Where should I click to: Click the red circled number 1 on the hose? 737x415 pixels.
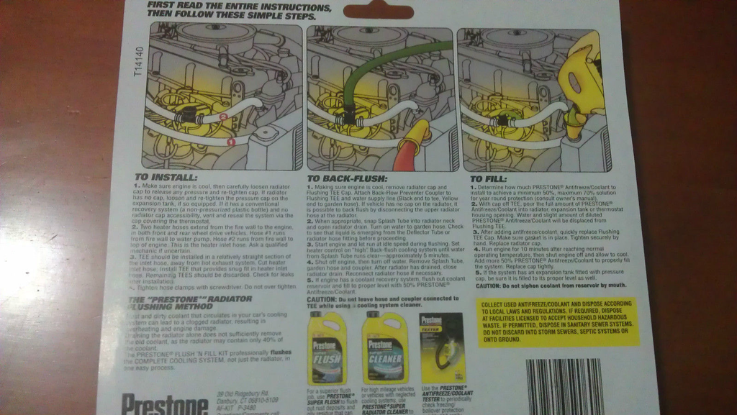230,142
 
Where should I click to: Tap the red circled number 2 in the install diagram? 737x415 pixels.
223,116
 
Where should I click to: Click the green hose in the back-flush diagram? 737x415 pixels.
381,65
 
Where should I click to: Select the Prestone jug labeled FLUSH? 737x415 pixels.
329,348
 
